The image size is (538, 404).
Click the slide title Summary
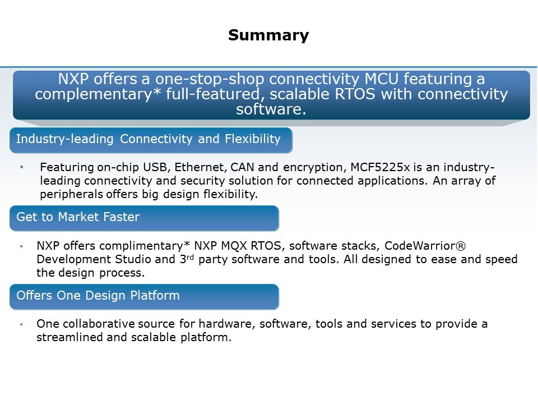point(268,35)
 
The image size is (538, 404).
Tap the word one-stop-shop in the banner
point(209,79)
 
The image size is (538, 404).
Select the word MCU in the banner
point(381,79)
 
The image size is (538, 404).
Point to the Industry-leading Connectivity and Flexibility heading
point(148,139)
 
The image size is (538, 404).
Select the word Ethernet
point(201,167)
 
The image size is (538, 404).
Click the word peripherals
point(71,195)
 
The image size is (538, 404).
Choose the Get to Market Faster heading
point(78,217)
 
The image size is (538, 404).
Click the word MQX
point(234,246)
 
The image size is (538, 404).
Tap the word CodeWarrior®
point(425,246)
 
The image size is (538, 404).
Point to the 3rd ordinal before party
point(187,259)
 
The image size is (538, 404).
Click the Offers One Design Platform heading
point(98,296)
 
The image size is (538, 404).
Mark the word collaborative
point(99,324)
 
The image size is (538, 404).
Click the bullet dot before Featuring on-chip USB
point(22,167)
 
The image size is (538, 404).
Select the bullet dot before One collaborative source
point(21,324)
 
